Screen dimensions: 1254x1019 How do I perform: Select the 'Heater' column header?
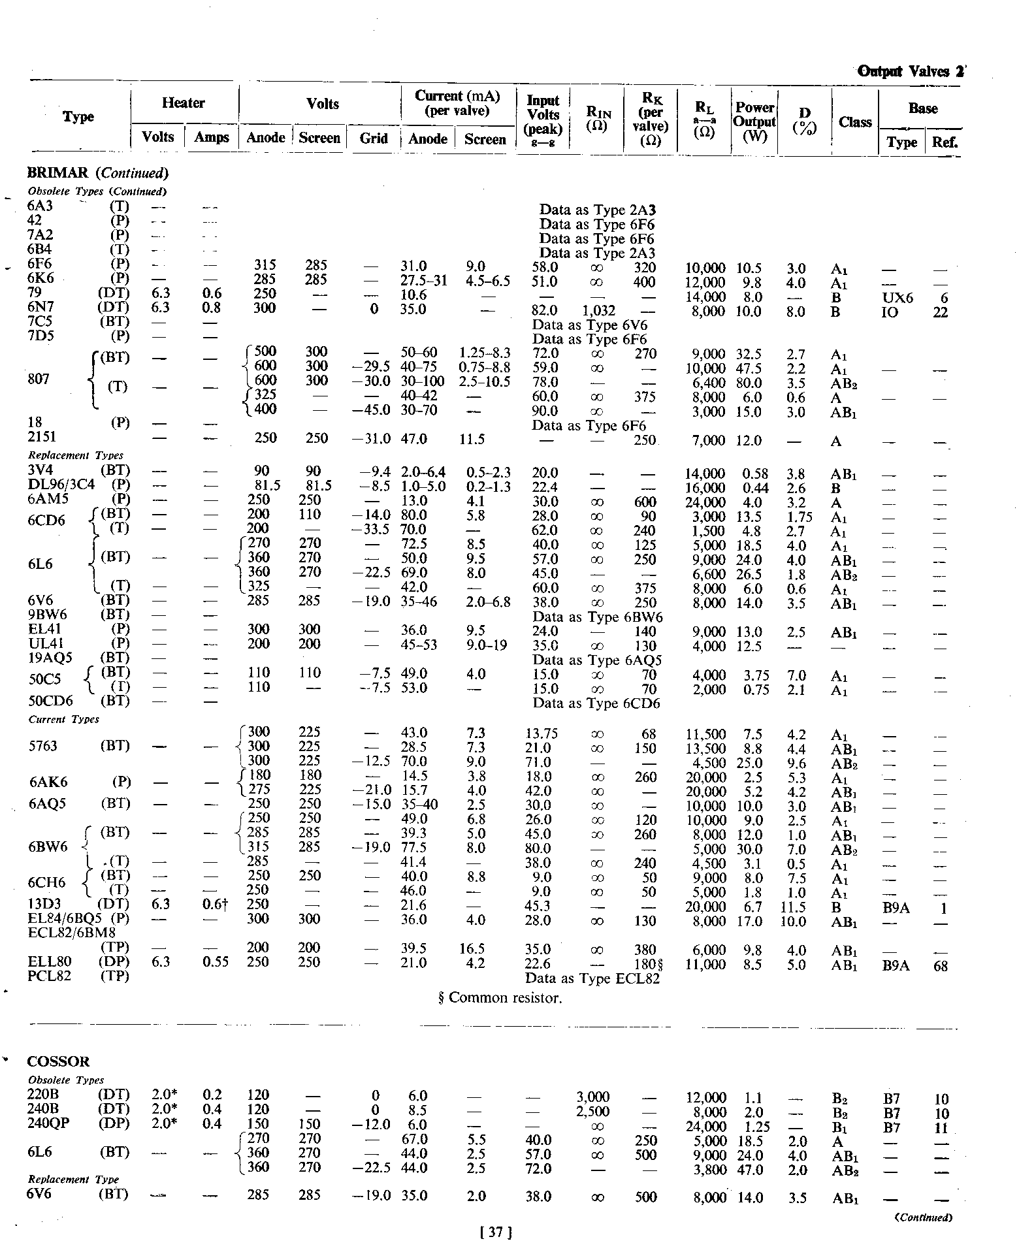click(x=183, y=103)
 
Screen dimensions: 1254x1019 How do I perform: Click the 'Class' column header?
click(x=855, y=122)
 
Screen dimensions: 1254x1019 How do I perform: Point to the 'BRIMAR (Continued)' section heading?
click(x=98, y=173)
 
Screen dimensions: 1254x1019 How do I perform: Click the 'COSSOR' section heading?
click(x=59, y=1061)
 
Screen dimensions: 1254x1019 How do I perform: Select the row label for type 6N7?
click(x=41, y=308)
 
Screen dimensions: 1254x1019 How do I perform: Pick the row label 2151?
click(x=42, y=438)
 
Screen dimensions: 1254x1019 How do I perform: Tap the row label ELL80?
click(x=50, y=962)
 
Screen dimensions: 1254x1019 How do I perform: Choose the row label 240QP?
click(x=50, y=1124)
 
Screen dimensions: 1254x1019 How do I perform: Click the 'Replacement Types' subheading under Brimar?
click(x=75, y=455)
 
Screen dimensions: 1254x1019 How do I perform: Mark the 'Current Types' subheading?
click(x=63, y=719)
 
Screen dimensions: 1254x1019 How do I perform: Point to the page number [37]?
click(x=495, y=1232)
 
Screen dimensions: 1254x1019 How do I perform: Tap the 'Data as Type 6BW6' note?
click(x=598, y=617)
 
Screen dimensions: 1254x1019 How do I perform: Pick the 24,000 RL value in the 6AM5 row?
click(x=705, y=502)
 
